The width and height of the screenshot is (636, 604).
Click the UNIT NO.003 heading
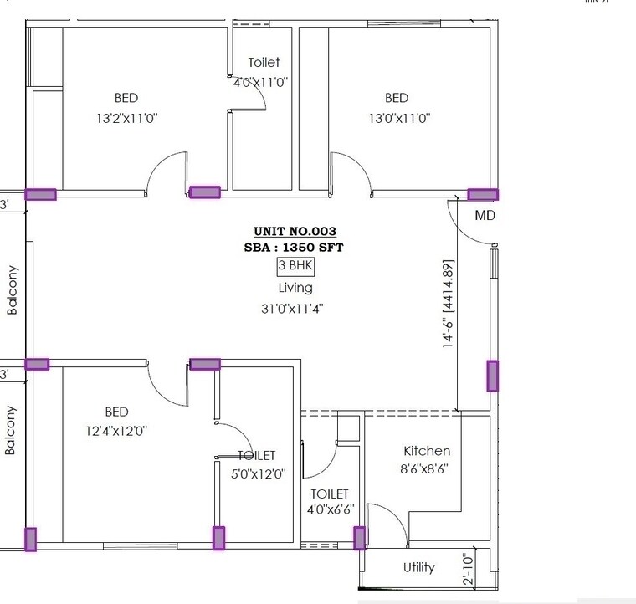click(295, 231)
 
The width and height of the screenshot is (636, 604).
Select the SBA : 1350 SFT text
click(295, 248)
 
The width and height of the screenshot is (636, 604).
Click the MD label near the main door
click(485, 215)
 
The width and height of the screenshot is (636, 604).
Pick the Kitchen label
click(427, 451)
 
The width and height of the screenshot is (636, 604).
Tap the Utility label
click(418, 567)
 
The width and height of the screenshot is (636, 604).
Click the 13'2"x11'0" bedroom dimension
click(127, 119)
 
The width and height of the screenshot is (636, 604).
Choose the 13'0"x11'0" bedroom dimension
click(399, 119)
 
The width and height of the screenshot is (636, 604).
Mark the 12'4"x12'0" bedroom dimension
click(117, 431)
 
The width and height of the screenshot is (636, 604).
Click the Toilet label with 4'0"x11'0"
click(264, 63)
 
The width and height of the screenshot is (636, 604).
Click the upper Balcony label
click(12, 289)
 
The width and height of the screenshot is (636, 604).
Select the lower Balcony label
click(11, 430)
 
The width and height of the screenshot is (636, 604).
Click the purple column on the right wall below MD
click(492, 376)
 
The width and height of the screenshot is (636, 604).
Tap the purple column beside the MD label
click(482, 194)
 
